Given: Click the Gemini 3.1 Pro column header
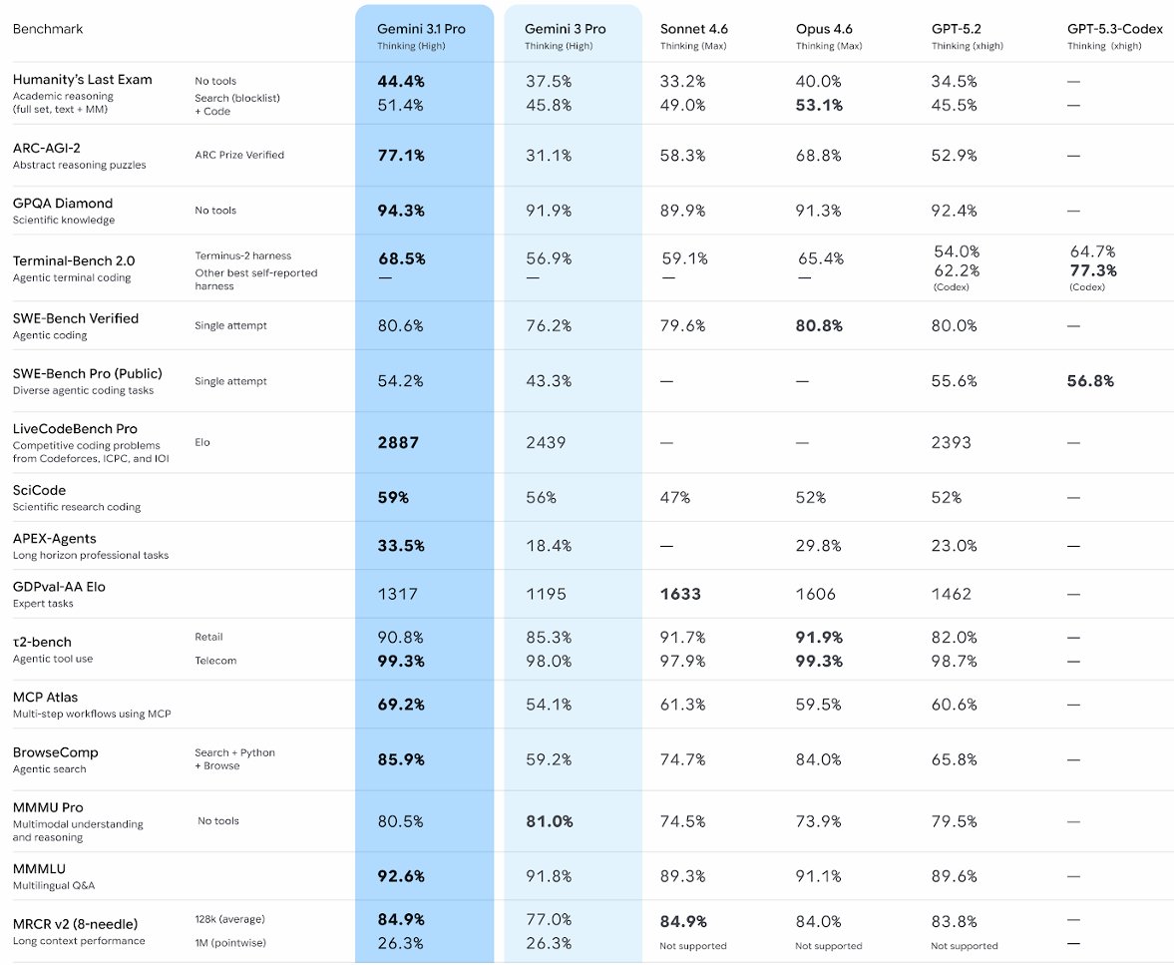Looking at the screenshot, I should pos(421,29).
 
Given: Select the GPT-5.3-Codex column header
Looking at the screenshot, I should pos(1114,29).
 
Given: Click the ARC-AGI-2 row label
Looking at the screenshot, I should pos(46,148).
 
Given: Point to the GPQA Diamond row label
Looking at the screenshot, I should pos(63,203).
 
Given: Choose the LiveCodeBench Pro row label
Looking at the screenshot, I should pos(75,428).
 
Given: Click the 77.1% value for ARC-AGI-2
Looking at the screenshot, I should pos(401,156).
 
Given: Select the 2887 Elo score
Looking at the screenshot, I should pos(398,442).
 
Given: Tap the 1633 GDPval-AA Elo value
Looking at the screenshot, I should pos(680,594).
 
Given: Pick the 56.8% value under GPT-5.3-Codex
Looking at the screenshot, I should pos(1091,381).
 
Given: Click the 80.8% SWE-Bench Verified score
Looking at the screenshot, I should pos(819,325).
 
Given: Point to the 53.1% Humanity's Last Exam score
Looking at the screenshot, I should pos(819,105).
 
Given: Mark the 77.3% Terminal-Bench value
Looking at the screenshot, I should pos(1093,270).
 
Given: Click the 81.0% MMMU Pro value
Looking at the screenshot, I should pos(550,821).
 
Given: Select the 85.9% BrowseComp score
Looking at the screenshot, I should pos(401,759).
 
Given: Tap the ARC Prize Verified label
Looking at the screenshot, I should pos(239,155).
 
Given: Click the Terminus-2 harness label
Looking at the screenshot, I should pos(243,255).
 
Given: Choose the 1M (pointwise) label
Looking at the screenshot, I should pos(230,943).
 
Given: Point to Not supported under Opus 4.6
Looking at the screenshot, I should pos(828,946).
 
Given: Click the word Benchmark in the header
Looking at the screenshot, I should pos(48,29).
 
